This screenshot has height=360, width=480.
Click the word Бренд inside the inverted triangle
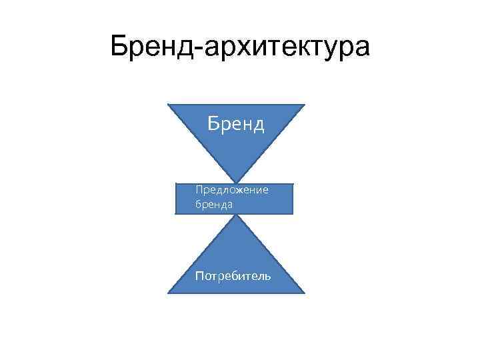[236, 124]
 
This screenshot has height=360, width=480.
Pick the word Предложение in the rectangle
[231, 191]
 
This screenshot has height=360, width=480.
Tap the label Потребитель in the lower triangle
[233, 275]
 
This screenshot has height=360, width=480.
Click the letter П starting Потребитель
[199, 275]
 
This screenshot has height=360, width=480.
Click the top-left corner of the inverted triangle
[167, 105]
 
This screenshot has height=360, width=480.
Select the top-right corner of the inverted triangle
[305, 105]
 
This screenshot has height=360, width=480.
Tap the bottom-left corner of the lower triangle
[167, 293]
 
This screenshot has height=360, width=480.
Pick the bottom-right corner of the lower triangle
[305, 293]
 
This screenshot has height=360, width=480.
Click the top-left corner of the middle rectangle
[176, 183]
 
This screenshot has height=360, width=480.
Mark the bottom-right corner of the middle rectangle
[293, 213]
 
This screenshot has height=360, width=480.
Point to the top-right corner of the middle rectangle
[293, 183]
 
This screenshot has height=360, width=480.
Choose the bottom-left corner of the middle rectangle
[176, 213]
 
